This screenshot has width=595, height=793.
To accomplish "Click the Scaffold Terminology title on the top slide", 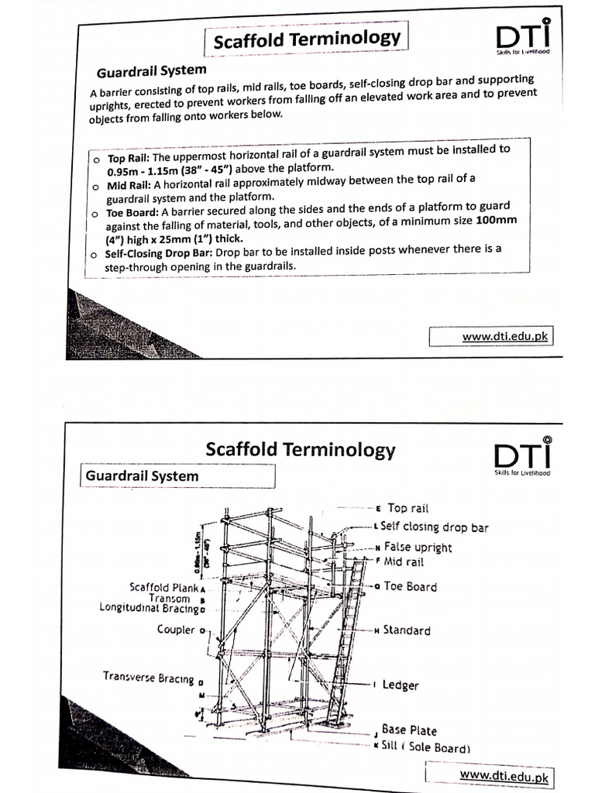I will (x=307, y=39).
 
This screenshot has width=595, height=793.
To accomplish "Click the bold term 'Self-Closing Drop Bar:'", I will (x=160, y=253).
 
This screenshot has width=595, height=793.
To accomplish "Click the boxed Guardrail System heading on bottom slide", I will (x=141, y=476).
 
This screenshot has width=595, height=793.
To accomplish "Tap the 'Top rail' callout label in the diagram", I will (x=408, y=508).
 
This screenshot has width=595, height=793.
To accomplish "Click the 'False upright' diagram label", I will (x=418, y=547).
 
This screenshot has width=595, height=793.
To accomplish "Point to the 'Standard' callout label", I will (x=406, y=630).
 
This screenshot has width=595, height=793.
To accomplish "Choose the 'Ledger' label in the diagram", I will (x=401, y=685).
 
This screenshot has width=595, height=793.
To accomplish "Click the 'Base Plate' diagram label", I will (x=408, y=730).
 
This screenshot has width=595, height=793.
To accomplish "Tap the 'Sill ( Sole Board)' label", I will (x=425, y=748).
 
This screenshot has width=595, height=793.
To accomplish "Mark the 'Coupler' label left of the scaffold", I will (x=176, y=630).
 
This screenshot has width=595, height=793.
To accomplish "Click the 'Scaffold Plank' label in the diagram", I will (x=163, y=587).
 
